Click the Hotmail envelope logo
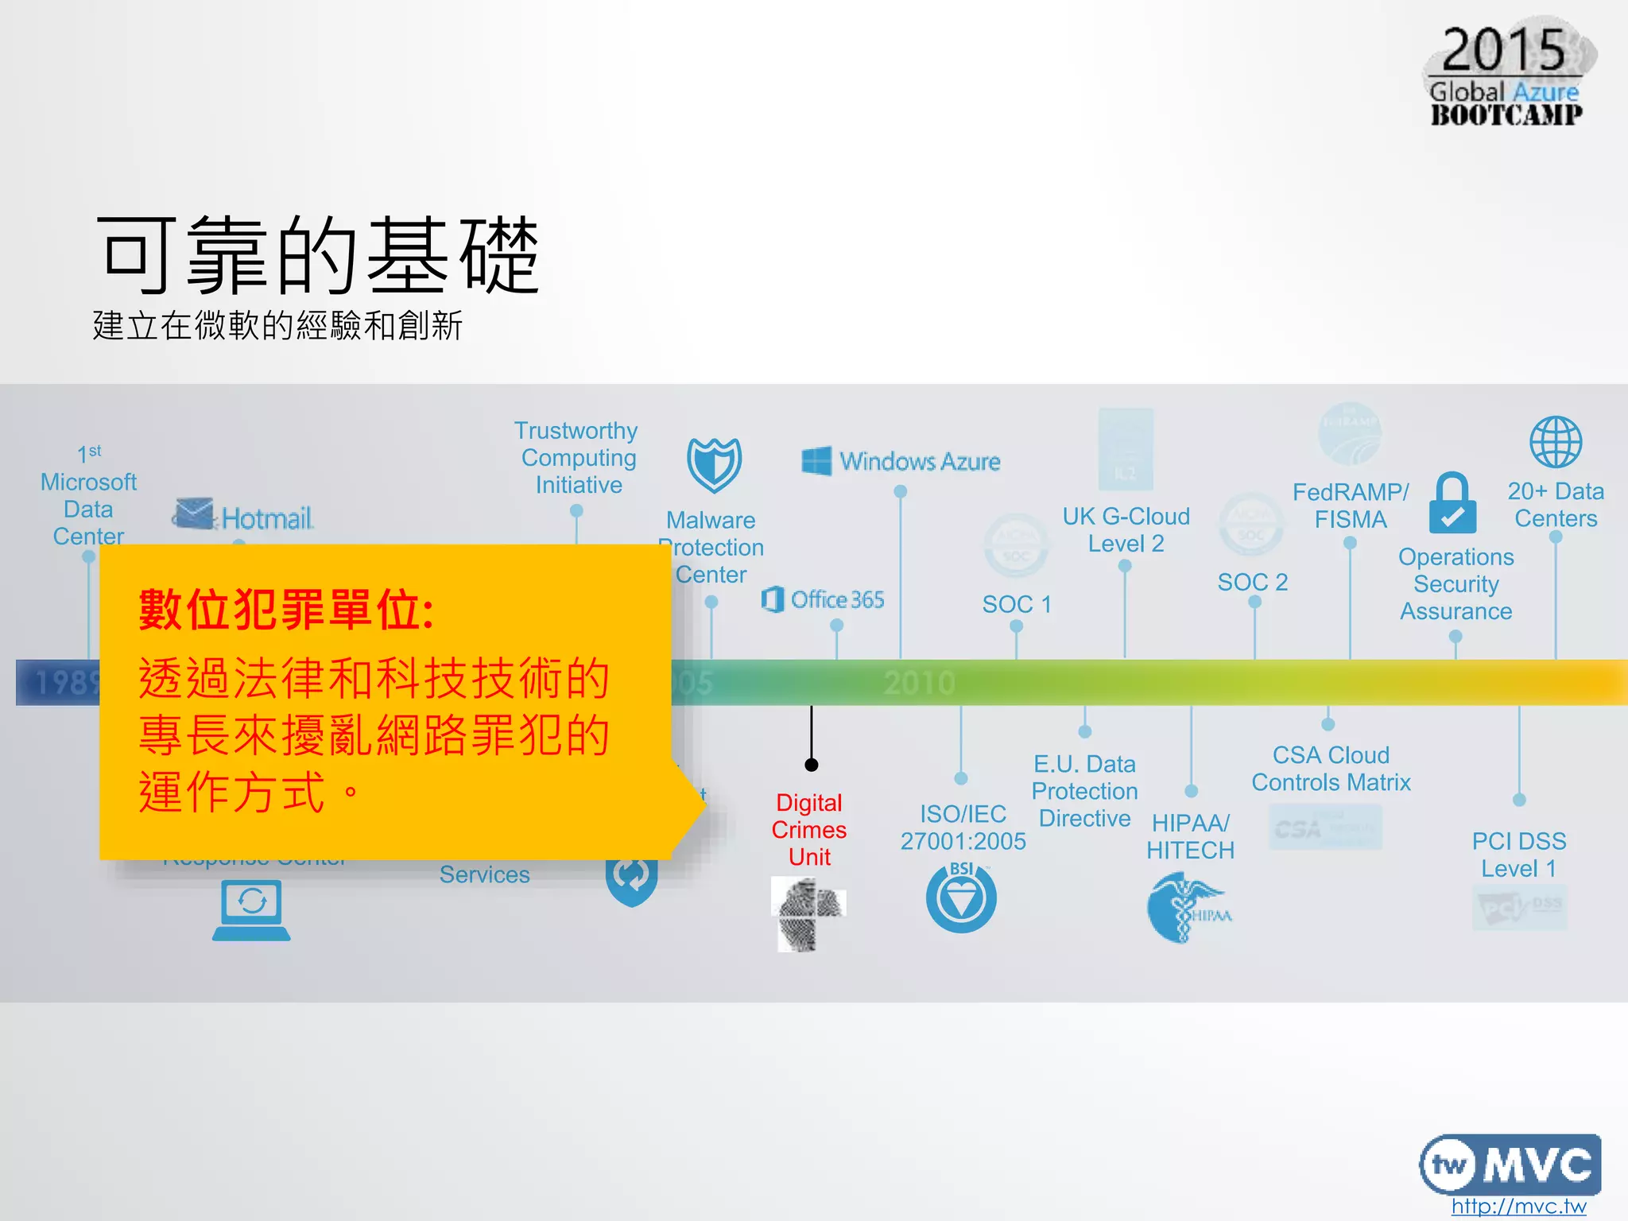point(193,514)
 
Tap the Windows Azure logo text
point(919,461)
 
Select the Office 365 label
point(836,599)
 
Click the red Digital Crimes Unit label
point(809,829)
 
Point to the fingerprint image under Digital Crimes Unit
point(808,913)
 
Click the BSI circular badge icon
point(961,897)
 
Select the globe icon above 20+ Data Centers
point(1556,442)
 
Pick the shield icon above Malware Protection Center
point(714,465)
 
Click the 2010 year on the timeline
point(919,683)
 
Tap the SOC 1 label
point(1017,604)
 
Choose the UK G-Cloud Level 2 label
point(1126,529)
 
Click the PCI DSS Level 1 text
point(1518,855)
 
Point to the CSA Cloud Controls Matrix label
point(1331,769)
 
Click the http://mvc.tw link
point(1518,1206)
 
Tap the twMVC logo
point(1510,1165)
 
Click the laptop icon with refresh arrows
point(251,909)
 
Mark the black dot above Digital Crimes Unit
point(811,765)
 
